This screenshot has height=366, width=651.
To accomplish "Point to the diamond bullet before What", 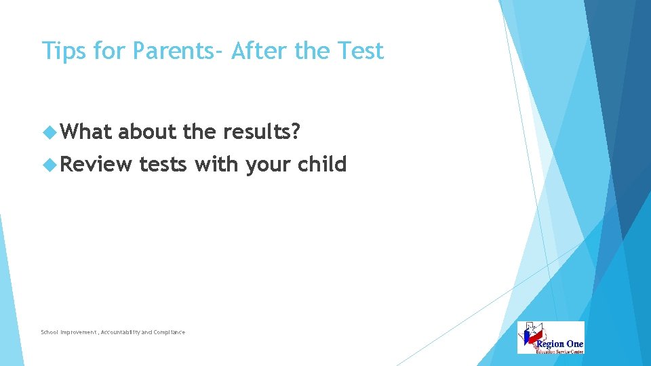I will [x=47, y=131].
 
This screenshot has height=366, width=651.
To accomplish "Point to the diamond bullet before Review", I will [x=47, y=164].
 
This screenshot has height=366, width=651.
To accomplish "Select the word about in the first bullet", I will [x=148, y=131].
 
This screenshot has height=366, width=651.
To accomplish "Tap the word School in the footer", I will [x=50, y=332].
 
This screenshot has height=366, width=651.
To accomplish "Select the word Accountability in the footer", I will [x=122, y=332].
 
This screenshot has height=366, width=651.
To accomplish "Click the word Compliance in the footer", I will [x=169, y=332].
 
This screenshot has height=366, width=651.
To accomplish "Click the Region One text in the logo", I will [x=560, y=344].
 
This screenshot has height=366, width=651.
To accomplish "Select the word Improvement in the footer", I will [x=79, y=332].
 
